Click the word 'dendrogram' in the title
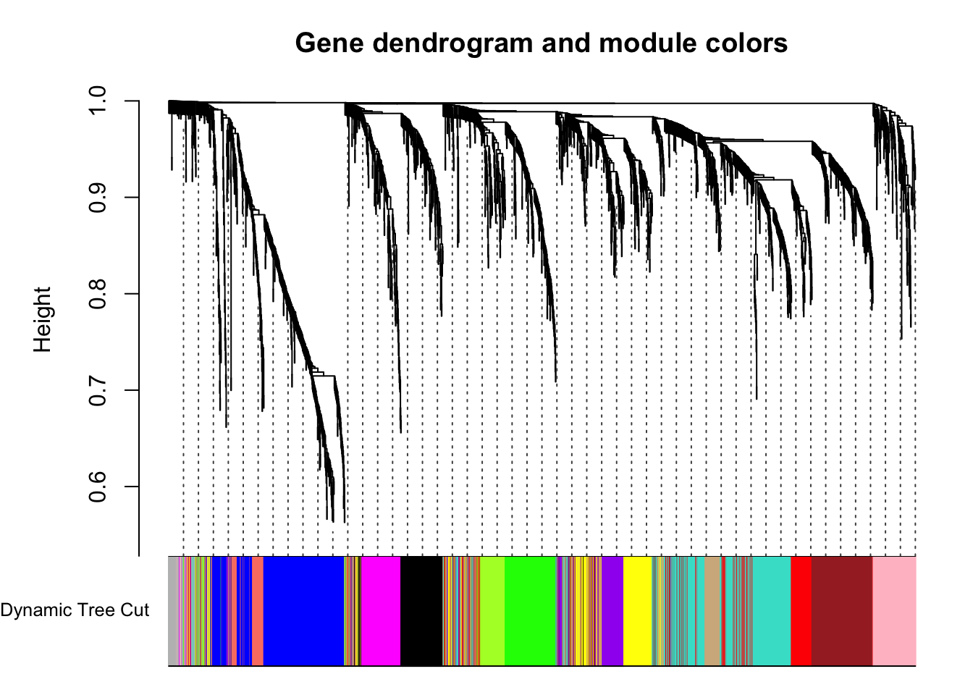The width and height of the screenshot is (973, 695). (452, 44)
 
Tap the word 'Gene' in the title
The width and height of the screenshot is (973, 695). (329, 43)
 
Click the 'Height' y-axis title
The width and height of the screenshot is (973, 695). (42, 319)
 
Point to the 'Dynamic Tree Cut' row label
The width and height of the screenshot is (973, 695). (75, 610)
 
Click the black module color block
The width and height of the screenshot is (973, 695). (421, 611)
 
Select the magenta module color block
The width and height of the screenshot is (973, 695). (381, 611)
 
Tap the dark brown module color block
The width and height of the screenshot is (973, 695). (842, 611)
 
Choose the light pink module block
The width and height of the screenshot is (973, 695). (894, 611)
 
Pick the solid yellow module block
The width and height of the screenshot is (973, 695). (638, 611)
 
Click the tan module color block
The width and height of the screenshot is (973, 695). (713, 611)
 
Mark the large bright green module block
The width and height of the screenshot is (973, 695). (531, 611)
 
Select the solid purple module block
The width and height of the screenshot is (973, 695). (612, 611)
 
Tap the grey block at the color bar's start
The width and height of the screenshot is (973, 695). (173, 611)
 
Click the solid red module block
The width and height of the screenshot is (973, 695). (801, 611)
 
